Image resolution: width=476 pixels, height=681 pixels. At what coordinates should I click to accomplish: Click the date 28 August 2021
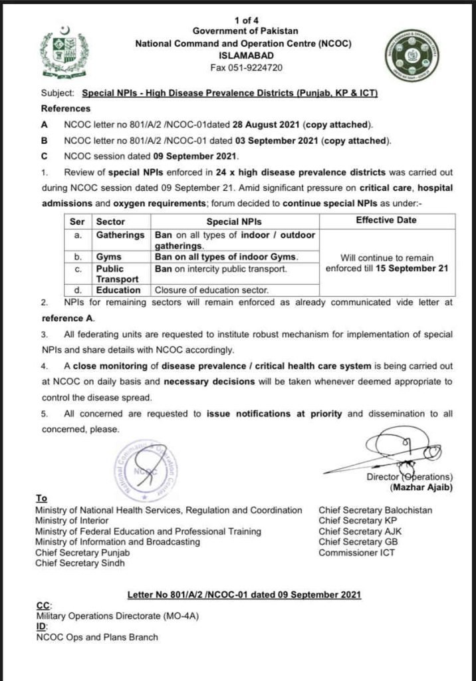click(x=267, y=124)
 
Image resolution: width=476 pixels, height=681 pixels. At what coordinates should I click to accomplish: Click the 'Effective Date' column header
click(x=387, y=221)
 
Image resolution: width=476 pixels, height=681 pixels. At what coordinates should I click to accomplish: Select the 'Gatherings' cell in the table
click(x=120, y=235)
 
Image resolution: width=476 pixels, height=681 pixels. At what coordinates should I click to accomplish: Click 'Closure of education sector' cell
click(x=211, y=290)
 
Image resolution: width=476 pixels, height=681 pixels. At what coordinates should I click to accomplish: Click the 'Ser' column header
click(x=77, y=221)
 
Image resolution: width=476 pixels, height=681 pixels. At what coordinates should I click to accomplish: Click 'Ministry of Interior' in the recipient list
click(x=72, y=521)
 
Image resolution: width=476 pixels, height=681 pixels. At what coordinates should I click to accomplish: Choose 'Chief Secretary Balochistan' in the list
click(x=375, y=510)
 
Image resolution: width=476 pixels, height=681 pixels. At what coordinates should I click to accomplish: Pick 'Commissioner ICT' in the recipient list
click(x=356, y=553)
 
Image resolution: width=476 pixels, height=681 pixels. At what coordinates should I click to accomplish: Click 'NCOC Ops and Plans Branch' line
click(x=97, y=637)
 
